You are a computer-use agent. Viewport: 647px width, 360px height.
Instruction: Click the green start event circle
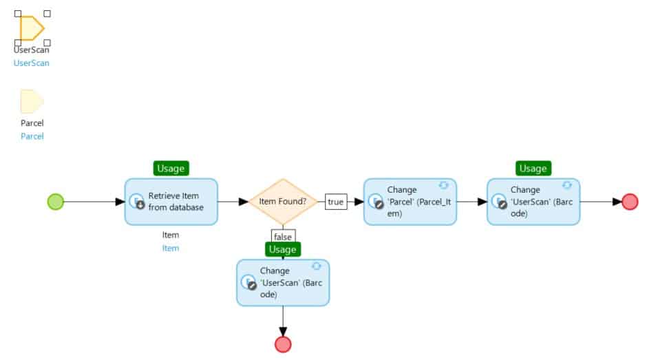click(x=56, y=202)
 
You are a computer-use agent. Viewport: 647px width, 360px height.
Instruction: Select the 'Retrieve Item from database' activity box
click(x=171, y=202)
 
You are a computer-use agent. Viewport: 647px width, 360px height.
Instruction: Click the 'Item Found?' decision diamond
click(x=283, y=202)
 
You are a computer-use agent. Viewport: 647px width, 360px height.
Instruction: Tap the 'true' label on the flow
click(x=335, y=202)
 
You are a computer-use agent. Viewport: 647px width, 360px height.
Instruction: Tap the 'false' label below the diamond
click(x=283, y=237)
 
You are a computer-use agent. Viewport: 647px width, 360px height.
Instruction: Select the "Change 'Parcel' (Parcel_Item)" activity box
click(x=410, y=202)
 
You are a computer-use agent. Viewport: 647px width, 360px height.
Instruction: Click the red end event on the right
click(x=630, y=202)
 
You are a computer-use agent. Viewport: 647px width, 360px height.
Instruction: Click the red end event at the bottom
click(x=283, y=344)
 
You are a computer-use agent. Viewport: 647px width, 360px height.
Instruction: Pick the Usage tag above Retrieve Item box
click(x=171, y=168)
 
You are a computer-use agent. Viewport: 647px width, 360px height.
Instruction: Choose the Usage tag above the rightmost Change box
click(x=533, y=168)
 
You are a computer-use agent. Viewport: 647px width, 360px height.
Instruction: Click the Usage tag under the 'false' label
click(x=283, y=249)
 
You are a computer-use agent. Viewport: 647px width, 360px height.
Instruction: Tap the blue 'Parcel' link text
click(x=32, y=136)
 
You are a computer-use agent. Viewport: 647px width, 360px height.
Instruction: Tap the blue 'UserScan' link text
click(x=32, y=63)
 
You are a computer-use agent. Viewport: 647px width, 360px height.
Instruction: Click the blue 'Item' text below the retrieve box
click(x=171, y=248)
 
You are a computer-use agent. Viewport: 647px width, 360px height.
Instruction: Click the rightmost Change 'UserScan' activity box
click(x=533, y=202)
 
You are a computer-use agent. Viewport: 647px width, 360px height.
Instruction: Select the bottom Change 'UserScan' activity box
click(x=283, y=282)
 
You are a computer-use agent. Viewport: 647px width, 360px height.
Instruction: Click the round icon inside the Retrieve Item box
click(x=137, y=201)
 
